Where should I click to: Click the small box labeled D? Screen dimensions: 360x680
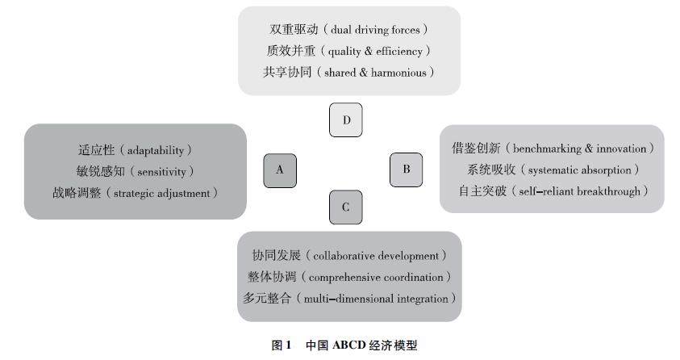pos(346,120)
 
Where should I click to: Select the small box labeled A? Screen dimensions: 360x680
pos(280,170)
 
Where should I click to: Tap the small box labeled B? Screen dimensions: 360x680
pos(407,170)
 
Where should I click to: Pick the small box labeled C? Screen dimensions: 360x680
pos(346,207)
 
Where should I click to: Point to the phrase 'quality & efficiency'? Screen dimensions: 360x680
pos(376,51)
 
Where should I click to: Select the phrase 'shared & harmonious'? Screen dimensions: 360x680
pos(379,72)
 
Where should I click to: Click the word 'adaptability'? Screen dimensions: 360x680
pos(157,150)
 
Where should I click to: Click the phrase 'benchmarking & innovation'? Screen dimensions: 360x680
pos(581,149)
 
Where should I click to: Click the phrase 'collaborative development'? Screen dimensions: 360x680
pos(377,256)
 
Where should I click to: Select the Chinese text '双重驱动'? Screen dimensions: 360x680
pos(293,30)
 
